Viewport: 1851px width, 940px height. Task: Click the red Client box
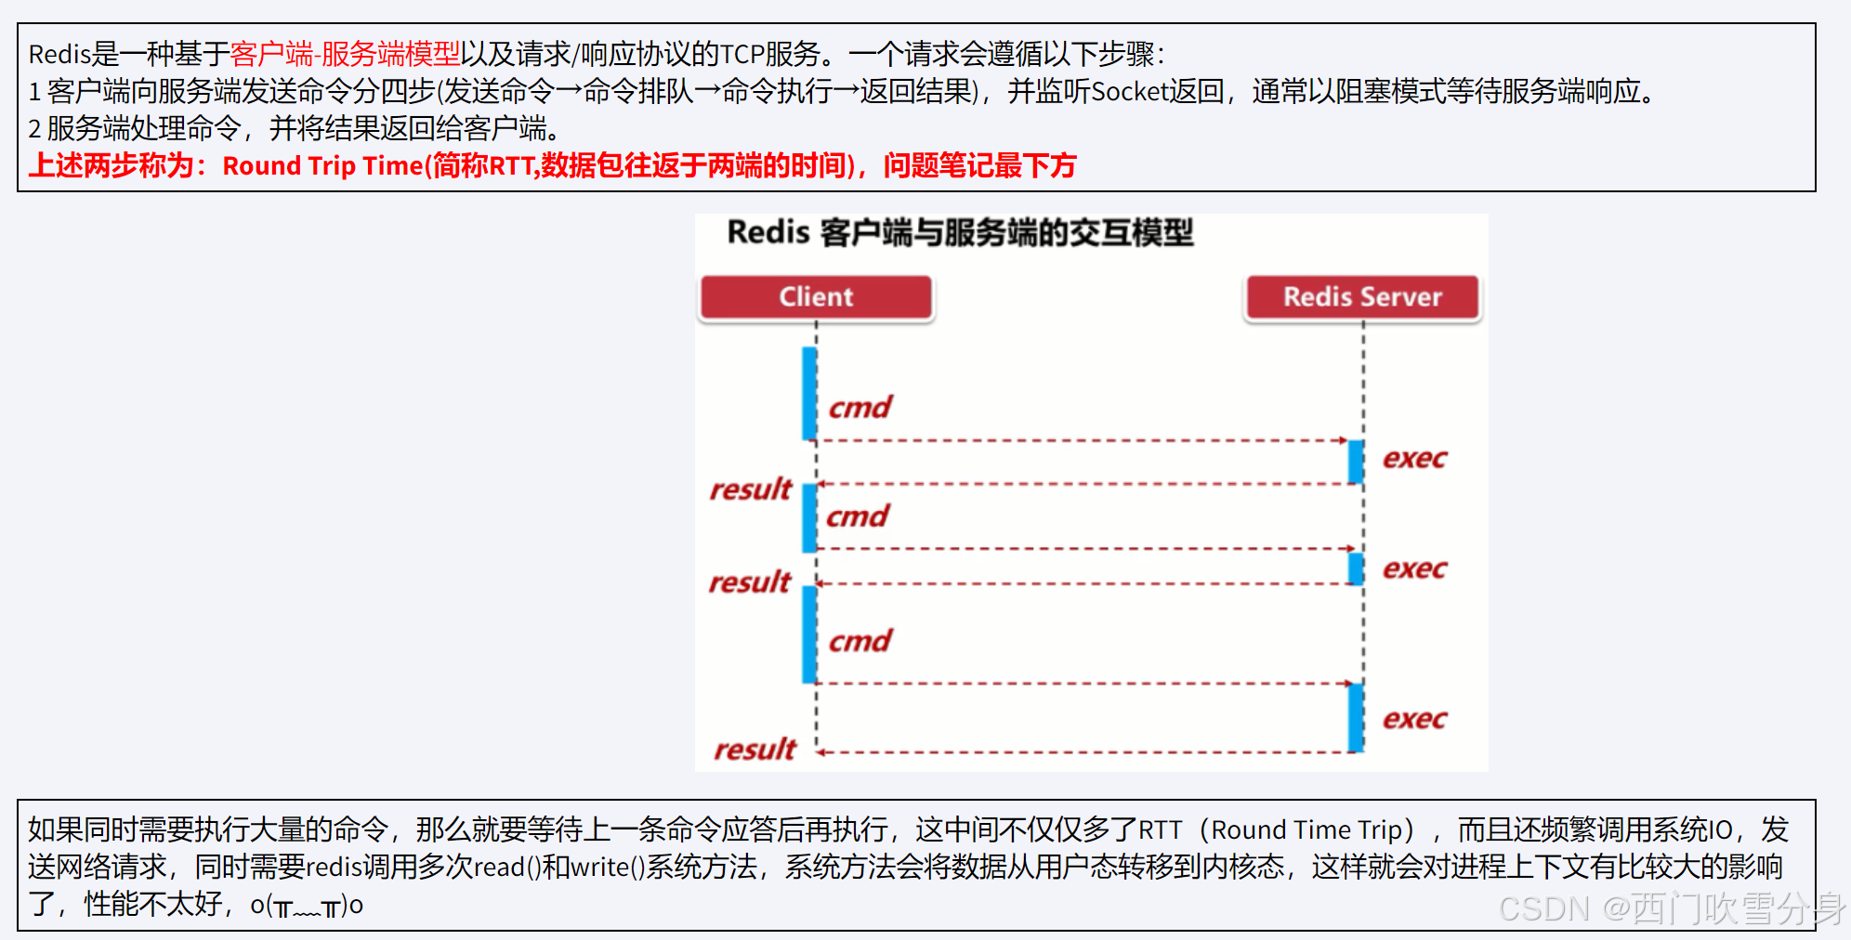pos(816,297)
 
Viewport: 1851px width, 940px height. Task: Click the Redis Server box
pos(1362,297)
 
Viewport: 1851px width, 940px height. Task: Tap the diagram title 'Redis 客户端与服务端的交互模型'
pos(960,232)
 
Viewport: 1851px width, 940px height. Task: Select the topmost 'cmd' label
pos(860,408)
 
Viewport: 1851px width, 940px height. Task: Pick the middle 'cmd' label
pos(857,516)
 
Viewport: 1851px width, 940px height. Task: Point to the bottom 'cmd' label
pos(860,641)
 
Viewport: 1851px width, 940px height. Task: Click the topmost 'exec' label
pos(1414,459)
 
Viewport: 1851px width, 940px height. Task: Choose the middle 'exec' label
pos(1414,568)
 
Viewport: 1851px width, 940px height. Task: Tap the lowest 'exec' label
pos(1414,719)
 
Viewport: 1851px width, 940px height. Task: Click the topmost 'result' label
pos(751,490)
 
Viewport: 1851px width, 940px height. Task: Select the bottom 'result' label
pos(755,750)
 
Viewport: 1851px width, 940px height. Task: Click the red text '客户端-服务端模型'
pos(345,54)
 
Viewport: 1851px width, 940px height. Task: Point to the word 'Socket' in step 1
pos(1129,91)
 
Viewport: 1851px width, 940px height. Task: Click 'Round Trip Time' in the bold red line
pos(322,166)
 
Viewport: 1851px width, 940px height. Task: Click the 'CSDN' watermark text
pos(1544,908)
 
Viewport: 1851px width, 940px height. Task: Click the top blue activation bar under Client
pos(809,393)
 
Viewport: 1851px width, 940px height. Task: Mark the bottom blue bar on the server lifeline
pos(1357,717)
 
